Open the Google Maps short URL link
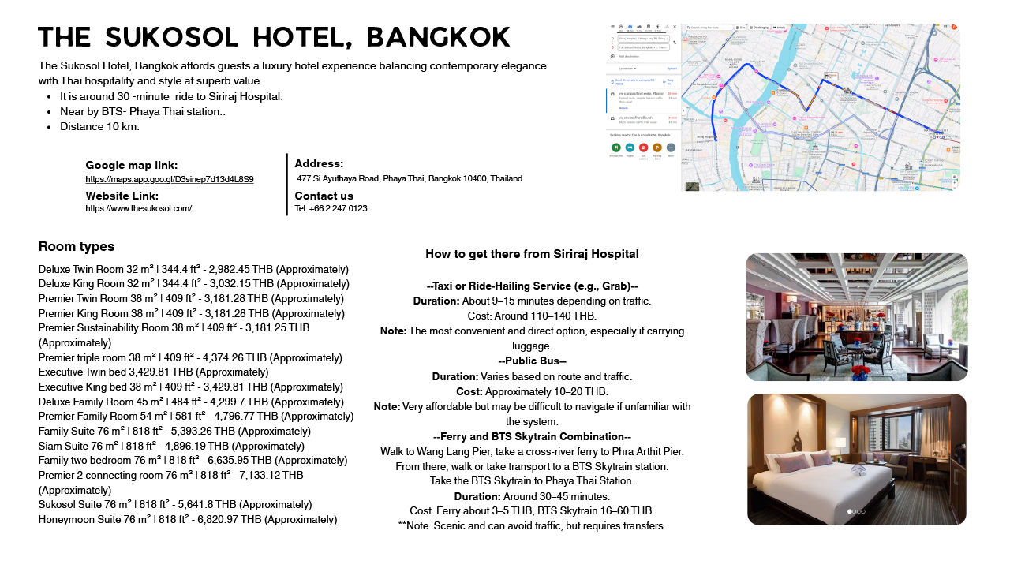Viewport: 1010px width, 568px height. [170, 179]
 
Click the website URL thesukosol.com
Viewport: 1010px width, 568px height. [139, 208]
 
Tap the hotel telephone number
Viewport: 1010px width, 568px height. [331, 208]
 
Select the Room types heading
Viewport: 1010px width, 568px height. [77, 246]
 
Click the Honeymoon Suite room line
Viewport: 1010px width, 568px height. [188, 519]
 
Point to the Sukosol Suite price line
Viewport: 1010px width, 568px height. [188, 504]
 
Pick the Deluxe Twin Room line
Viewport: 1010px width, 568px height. [193, 269]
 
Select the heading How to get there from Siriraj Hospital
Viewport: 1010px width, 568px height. [532, 254]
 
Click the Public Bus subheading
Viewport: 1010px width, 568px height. [532, 361]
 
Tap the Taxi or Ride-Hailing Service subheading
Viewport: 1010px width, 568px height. [532, 286]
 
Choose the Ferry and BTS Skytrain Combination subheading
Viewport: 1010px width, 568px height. [532, 436]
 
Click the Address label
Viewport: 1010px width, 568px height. [319, 163]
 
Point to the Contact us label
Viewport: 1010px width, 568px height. [324, 196]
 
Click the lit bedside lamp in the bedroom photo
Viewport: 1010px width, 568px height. [840, 443]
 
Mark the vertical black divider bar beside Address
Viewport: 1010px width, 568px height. [286, 185]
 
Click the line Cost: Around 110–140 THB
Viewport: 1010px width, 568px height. [532, 316]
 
